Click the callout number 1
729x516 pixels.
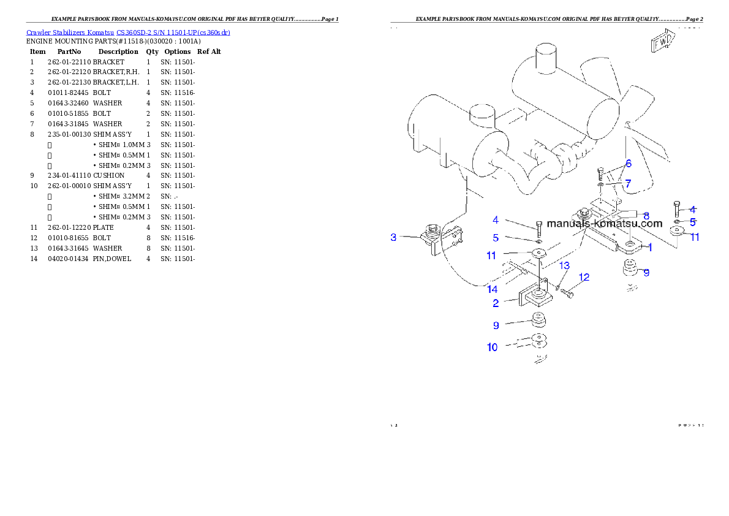649,248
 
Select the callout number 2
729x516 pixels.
496,302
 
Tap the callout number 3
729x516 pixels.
394,237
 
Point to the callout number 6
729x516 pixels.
628,164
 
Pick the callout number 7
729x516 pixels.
628,183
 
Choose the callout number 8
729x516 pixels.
646,216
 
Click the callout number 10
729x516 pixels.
492,347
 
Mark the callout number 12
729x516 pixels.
584,278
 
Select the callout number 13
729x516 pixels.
564,265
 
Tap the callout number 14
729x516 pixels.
492,289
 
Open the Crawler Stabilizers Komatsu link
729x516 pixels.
128,32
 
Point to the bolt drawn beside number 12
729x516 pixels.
567,294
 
